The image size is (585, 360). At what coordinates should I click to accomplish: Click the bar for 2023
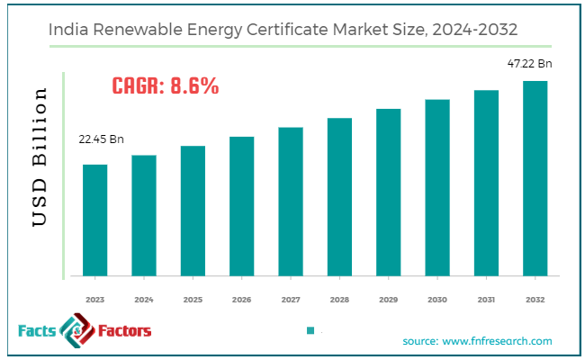[95, 220]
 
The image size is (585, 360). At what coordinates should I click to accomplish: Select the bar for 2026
[241, 206]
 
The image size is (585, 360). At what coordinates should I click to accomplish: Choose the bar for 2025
[193, 211]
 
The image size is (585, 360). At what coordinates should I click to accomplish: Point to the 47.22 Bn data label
[529, 63]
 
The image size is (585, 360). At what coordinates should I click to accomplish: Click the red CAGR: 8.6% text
[166, 86]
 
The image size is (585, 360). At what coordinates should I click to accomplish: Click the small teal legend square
[310, 330]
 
